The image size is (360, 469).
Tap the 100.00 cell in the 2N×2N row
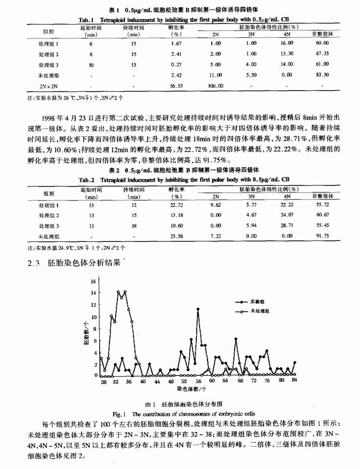coord(215,85)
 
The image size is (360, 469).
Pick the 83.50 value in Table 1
coord(321,75)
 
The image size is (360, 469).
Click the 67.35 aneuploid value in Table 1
coord(321,54)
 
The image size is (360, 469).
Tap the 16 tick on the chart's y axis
coord(94,280)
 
